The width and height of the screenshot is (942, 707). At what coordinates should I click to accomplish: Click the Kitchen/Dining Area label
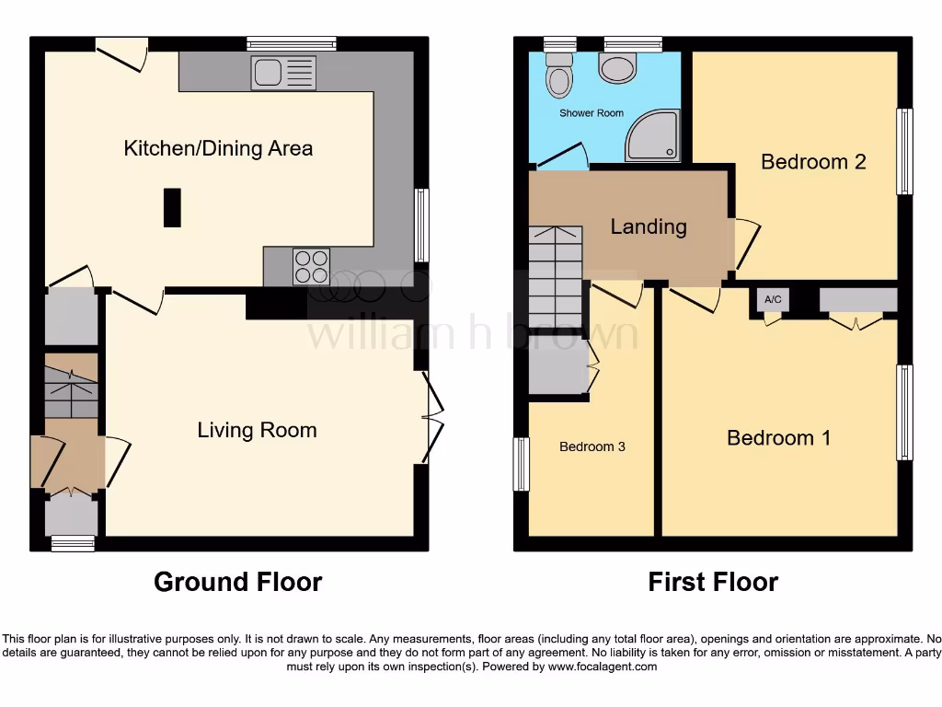point(218,148)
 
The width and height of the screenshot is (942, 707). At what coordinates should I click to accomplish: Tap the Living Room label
point(257,430)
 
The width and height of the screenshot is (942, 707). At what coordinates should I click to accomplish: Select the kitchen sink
point(283,73)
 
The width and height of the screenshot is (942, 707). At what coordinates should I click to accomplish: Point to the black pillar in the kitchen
point(172,207)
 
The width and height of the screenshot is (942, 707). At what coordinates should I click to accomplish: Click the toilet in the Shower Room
point(557,75)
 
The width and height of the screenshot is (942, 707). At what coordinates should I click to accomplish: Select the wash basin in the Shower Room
point(617,66)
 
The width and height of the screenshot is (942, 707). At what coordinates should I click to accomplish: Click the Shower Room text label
point(592,113)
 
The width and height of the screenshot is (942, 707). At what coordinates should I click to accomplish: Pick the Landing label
point(649,226)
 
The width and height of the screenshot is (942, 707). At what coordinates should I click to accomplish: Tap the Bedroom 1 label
point(778,438)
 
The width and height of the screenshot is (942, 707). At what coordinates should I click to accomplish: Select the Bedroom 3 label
point(592,446)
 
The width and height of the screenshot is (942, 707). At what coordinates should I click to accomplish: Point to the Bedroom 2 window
point(905,152)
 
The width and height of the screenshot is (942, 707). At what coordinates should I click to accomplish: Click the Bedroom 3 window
point(522,464)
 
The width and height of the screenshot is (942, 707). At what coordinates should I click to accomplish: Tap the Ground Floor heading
point(237,582)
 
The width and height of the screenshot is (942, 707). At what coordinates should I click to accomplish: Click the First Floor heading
point(713,582)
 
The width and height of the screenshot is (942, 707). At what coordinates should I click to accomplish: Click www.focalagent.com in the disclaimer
point(602,666)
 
